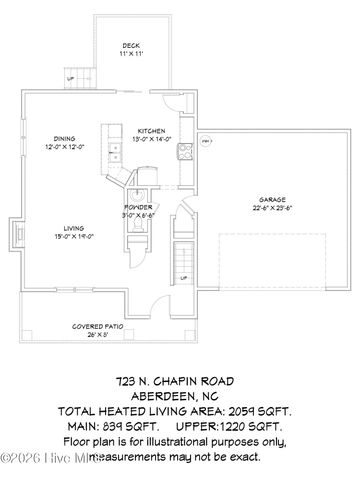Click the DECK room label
click(131, 46)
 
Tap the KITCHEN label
click(151, 131)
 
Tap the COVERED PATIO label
click(97, 327)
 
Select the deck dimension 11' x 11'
click(131, 54)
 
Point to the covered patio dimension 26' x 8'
click(97, 335)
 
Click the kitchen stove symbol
click(185, 153)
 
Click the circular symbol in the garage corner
click(207, 142)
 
